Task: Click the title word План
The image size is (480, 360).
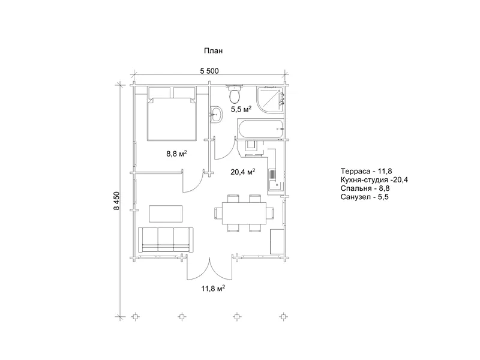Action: click(213, 50)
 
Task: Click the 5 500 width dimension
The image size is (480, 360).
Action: click(209, 71)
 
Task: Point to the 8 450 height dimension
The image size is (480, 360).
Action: click(116, 201)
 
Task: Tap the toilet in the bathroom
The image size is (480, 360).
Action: click(235, 94)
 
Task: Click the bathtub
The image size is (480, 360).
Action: click(260, 128)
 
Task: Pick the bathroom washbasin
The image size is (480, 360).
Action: click(216, 115)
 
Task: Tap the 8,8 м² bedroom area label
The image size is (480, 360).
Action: click(176, 154)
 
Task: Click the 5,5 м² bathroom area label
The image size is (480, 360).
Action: click(241, 109)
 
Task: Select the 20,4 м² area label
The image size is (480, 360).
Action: click(243, 172)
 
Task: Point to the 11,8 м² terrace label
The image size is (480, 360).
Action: click(214, 288)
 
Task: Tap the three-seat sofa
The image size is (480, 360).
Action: click(166, 239)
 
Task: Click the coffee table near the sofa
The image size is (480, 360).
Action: click(166, 214)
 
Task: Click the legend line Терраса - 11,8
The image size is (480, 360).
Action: click(366, 171)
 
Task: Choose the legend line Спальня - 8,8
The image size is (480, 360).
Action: click(365, 188)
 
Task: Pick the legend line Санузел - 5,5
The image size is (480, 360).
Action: click(364, 197)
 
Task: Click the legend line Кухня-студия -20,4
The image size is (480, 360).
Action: click(374, 179)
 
